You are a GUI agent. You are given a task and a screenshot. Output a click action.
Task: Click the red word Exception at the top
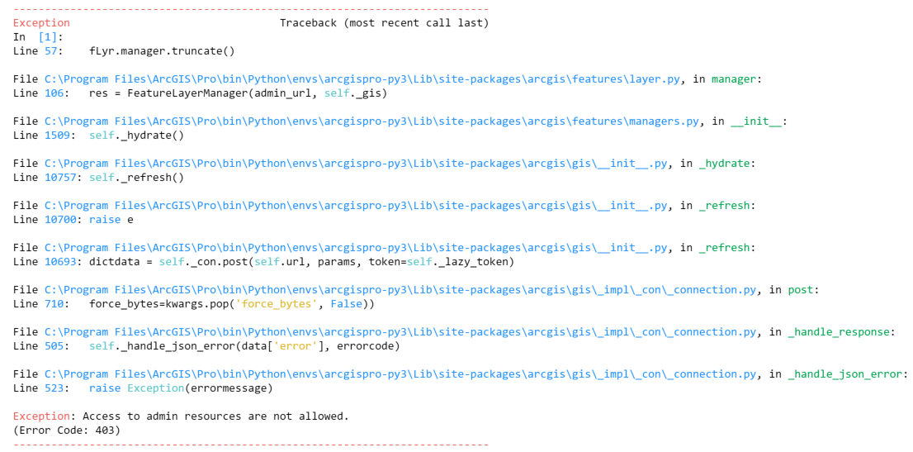pos(41,23)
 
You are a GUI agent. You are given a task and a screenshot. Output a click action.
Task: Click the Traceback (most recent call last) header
pos(384,23)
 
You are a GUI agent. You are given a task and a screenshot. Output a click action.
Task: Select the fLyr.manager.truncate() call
pos(162,51)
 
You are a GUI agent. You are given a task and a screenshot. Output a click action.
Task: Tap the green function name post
pos(801,290)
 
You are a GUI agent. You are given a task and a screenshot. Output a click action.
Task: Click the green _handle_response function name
pos(840,332)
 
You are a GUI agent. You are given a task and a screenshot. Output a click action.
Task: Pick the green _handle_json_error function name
pos(846,374)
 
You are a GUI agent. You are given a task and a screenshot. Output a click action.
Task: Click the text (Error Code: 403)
pos(67,431)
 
